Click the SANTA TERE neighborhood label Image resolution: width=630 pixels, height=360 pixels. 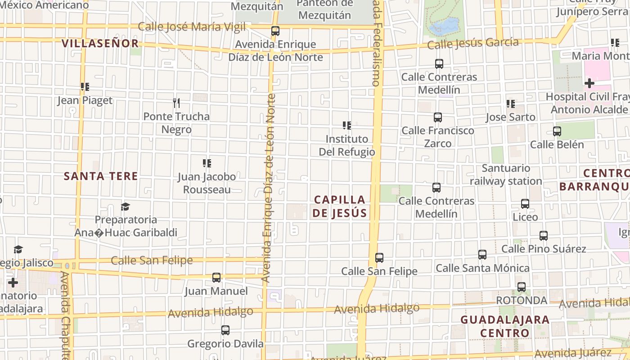tap(101, 176)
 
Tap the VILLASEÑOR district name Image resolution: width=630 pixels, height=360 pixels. tap(100, 43)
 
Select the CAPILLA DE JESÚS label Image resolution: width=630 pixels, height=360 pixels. tap(340, 206)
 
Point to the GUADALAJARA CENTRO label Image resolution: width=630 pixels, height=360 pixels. tap(505, 326)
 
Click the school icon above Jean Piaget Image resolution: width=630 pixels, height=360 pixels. tap(85, 86)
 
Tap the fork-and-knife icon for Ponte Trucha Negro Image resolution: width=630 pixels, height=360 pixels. tap(176, 103)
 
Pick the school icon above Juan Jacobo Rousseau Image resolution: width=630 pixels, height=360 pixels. tap(207, 163)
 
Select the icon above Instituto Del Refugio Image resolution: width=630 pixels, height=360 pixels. tap(347, 125)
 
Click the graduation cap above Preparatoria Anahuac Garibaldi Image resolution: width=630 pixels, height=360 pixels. tap(125, 207)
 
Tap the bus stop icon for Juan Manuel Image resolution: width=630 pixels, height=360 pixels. tap(216, 277)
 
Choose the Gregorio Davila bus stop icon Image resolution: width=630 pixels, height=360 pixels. tap(225, 330)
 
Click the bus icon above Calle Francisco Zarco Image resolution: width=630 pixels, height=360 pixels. tap(438, 117)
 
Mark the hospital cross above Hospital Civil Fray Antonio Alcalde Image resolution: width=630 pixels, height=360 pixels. tap(589, 83)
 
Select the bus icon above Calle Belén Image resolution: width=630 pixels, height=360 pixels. tap(557, 131)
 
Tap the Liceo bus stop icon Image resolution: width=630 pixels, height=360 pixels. tap(525, 204)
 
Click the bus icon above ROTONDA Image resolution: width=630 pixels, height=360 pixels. tap(521, 287)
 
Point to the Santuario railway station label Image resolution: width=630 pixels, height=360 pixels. tap(506, 175)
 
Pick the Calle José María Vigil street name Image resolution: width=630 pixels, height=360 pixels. tap(192, 27)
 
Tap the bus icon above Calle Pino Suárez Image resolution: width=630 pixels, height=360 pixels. tap(544, 235)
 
